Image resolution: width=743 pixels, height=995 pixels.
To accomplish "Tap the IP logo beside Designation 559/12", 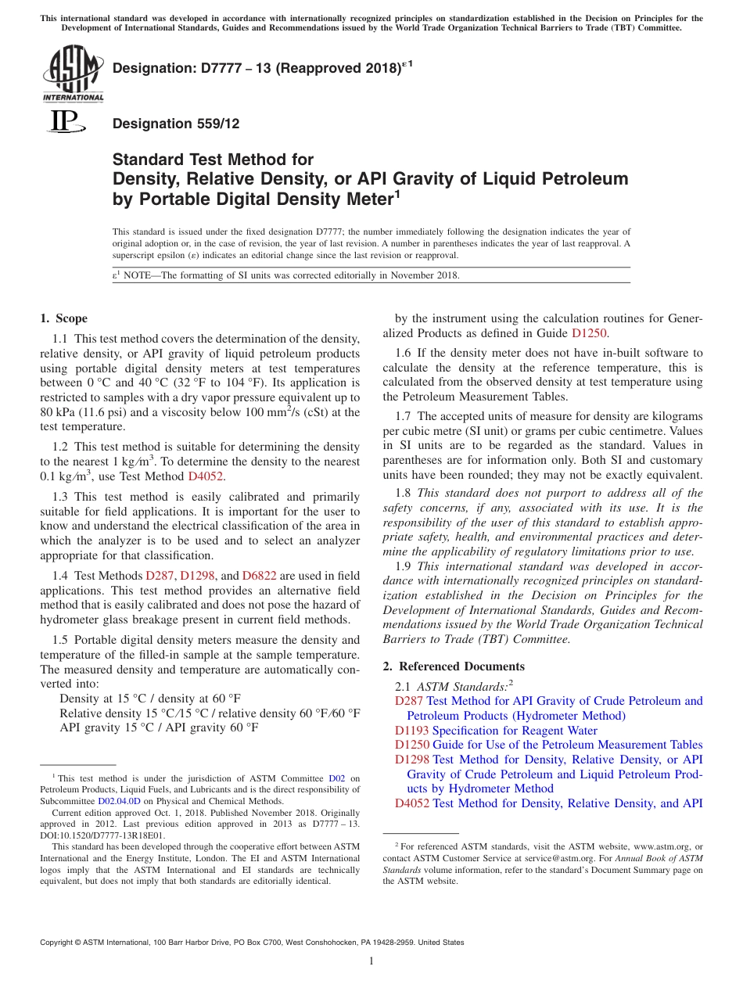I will pos(63,122).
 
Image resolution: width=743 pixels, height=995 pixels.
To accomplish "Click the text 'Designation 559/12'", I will pos(176,124).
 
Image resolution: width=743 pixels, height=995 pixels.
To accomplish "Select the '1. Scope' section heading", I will pos(63,318).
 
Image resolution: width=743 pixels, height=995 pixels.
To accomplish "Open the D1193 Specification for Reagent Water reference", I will pos(496,731).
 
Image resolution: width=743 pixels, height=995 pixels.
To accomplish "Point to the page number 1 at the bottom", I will pos(371,962).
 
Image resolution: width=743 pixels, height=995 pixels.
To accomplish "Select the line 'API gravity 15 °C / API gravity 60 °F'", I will pos(159,727).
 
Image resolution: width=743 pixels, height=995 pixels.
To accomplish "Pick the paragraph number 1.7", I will pos(404,416).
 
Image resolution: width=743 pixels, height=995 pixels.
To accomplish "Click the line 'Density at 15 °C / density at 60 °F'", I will pos(150,698).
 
